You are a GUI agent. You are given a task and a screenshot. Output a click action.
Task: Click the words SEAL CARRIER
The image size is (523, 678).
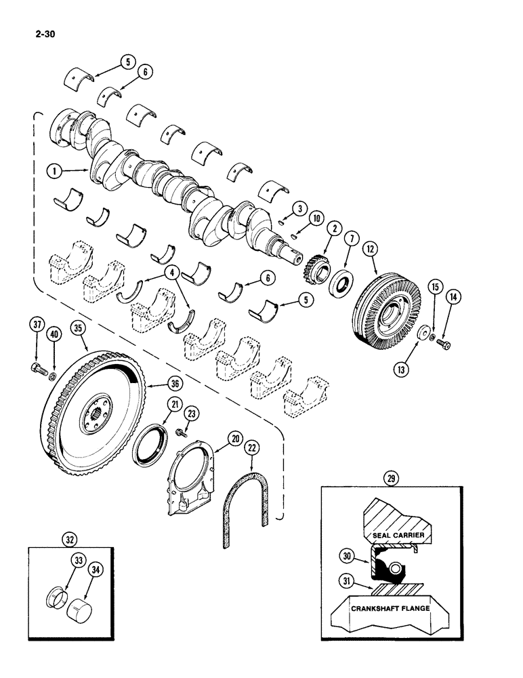(x=398, y=536)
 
